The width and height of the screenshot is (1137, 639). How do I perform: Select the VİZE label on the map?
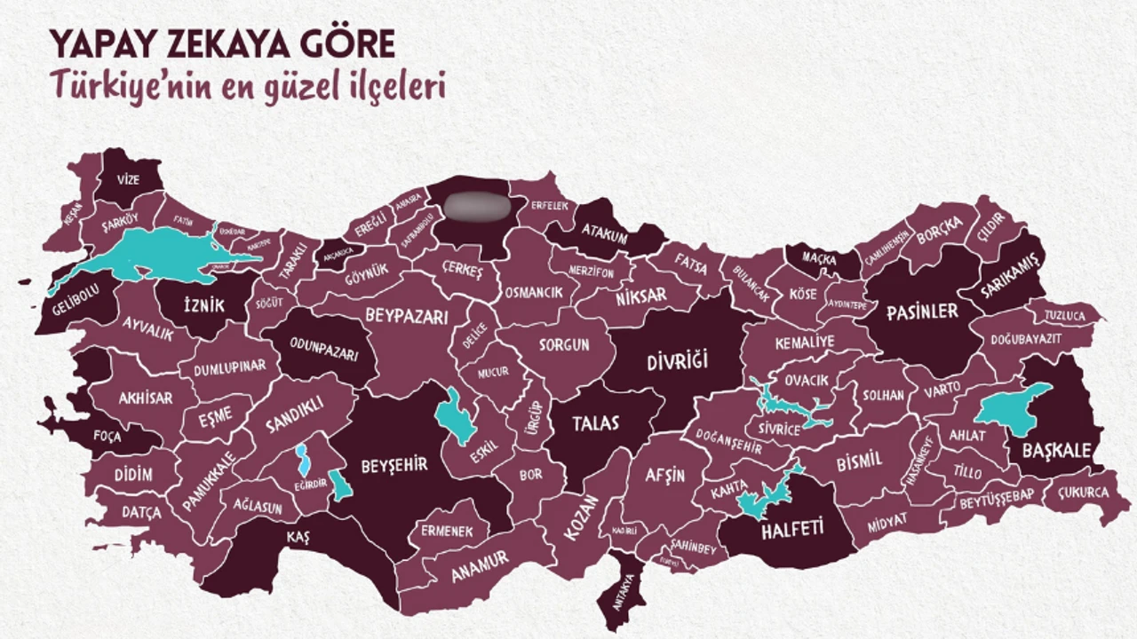(x=129, y=179)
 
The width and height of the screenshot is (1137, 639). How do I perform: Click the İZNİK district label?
(x=202, y=306)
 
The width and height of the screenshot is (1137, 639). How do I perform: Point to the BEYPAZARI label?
(x=405, y=315)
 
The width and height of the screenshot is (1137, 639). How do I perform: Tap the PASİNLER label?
(x=922, y=312)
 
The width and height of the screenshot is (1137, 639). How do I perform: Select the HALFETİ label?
(x=792, y=531)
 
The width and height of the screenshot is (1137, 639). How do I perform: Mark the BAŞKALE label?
(x=1055, y=451)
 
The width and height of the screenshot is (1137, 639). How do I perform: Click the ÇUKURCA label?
(x=1082, y=493)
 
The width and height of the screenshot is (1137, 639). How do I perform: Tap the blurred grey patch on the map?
(x=477, y=206)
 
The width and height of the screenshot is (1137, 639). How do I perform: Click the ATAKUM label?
(x=604, y=237)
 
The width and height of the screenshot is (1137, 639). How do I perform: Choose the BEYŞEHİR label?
(x=394, y=464)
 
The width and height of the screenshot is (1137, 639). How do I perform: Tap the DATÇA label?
(x=141, y=513)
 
